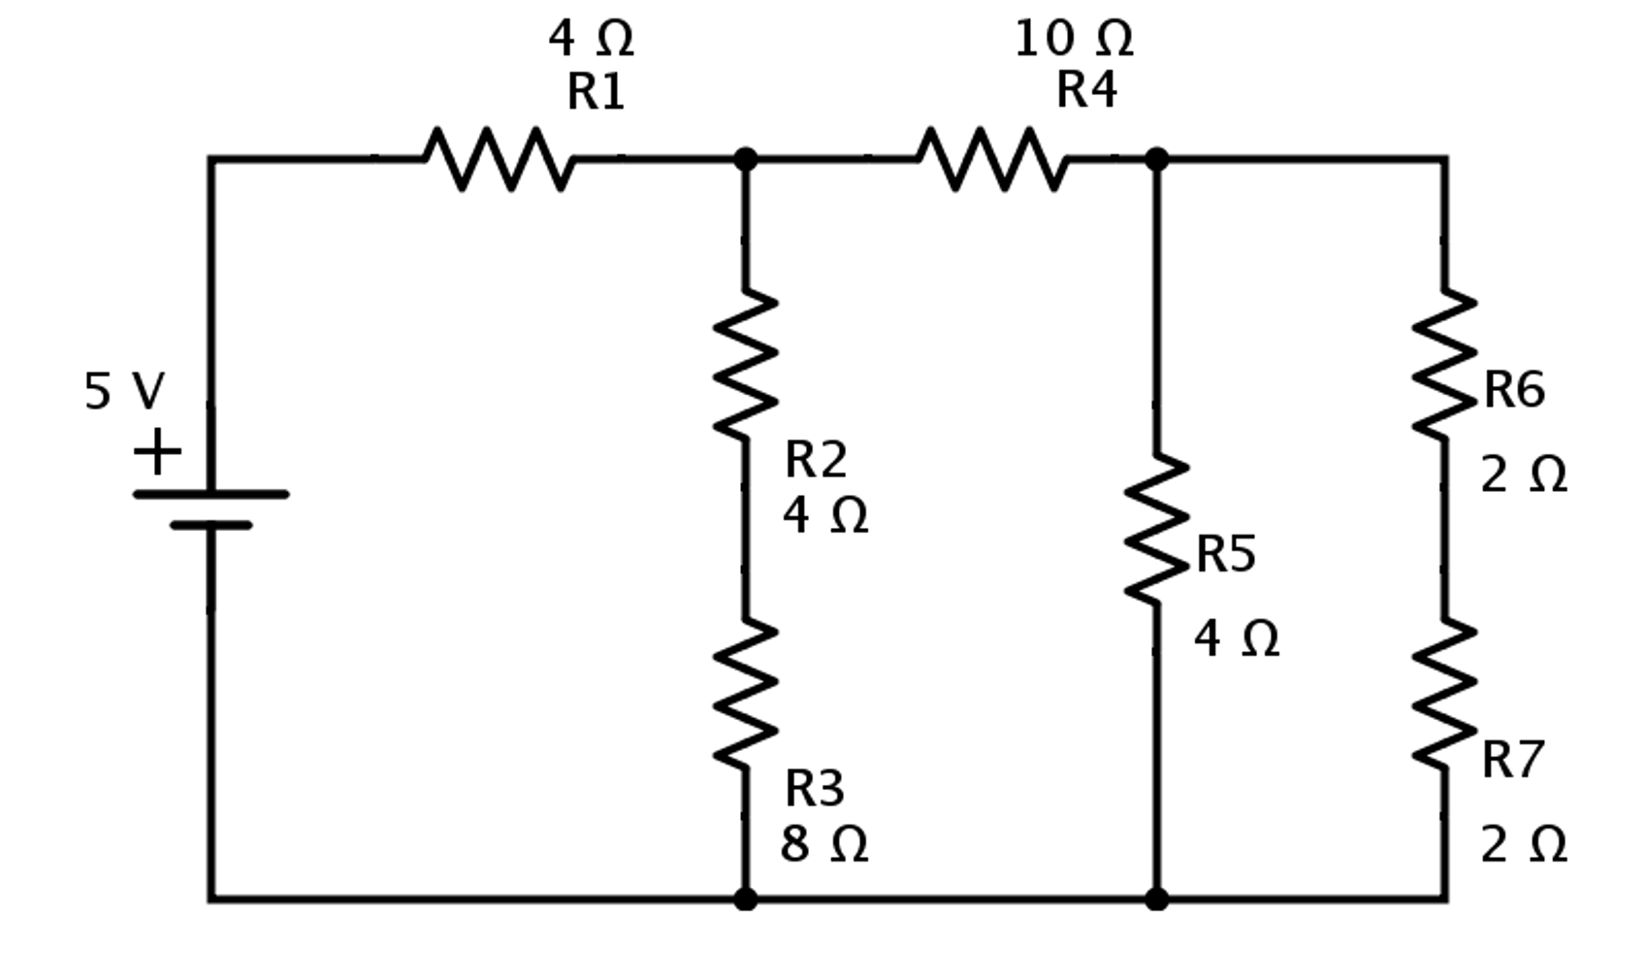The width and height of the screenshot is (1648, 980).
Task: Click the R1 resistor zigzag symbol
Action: point(499,158)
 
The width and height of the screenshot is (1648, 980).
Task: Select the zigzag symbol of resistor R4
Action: point(992,158)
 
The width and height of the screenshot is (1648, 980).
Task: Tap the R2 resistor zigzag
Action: point(745,364)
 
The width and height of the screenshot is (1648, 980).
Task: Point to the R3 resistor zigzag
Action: point(745,693)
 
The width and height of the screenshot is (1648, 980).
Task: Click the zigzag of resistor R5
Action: point(1156,529)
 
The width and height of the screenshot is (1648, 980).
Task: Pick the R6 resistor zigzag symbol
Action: point(1444,364)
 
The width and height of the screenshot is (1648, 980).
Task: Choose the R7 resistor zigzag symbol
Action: point(1444,693)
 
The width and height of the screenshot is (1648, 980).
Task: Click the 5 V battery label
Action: point(124,392)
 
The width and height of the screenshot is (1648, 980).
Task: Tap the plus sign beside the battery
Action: point(157,452)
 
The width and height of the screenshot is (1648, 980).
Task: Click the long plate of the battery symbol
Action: point(210,495)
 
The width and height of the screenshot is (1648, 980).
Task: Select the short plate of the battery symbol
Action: point(210,526)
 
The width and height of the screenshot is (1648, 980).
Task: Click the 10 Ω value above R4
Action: point(1073,40)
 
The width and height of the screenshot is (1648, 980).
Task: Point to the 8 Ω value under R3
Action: point(824,844)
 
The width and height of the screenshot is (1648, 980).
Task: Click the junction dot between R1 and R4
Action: point(745,159)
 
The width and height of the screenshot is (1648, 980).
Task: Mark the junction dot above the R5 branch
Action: point(1156,159)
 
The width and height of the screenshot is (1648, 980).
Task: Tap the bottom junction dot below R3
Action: point(745,899)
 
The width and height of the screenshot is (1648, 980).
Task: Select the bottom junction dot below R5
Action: point(1156,899)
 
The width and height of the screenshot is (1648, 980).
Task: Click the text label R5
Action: point(1225,555)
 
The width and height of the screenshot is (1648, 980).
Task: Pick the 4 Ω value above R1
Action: point(591,40)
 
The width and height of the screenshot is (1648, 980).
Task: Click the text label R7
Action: point(1511,760)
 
